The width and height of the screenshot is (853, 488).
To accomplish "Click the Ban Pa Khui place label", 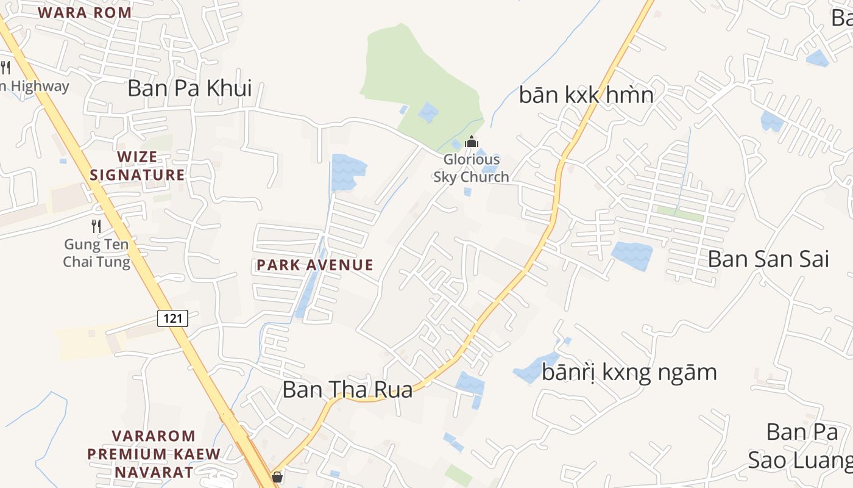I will [x=189, y=88].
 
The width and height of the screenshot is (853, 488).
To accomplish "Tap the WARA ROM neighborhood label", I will [x=85, y=13].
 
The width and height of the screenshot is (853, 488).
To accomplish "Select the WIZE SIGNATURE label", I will [x=137, y=166].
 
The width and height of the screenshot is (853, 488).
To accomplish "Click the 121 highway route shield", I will [x=172, y=318].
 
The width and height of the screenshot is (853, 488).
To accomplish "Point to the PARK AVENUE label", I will [x=314, y=265].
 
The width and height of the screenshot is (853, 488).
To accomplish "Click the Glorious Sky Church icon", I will [x=471, y=142].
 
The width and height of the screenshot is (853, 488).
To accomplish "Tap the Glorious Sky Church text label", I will [x=471, y=168].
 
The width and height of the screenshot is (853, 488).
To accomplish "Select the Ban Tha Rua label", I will [x=347, y=390].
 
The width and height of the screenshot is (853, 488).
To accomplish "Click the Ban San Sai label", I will [x=768, y=259].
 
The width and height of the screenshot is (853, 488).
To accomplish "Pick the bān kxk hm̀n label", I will [x=586, y=95].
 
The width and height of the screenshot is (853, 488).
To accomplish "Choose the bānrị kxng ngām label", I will [x=629, y=372].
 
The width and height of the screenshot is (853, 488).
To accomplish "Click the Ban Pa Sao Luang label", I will [x=801, y=446].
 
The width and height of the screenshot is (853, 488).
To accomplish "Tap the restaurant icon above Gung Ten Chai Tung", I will [x=96, y=226].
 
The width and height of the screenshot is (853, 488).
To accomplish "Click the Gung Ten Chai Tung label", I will [x=97, y=254].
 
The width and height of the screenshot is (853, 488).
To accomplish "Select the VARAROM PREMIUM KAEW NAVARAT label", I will [x=154, y=454].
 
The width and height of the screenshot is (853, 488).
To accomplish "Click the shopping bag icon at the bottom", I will [x=277, y=477].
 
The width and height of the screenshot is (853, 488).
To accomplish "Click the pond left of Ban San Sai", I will [x=632, y=254].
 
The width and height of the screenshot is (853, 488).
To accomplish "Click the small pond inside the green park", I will [x=428, y=112].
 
